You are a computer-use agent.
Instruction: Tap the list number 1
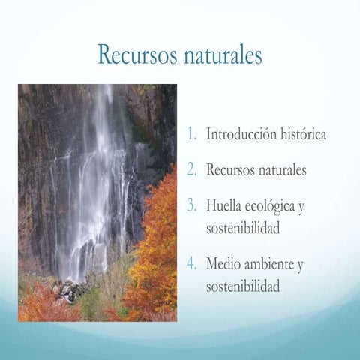click(x=193, y=136)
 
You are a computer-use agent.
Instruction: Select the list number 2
click(x=193, y=170)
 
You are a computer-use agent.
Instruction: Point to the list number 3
click(x=193, y=205)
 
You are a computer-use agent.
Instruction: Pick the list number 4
click(x=193, y=265)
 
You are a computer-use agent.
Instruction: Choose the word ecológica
click(x=274, y=205)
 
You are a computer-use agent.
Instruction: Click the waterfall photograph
click(x=97, y=202)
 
